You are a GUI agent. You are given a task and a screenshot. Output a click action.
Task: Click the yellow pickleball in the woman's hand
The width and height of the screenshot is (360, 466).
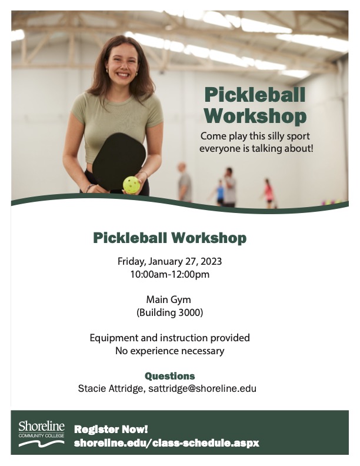tap(131, 185)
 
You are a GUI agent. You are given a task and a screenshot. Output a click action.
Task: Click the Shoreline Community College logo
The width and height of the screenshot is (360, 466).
tap(41, 432)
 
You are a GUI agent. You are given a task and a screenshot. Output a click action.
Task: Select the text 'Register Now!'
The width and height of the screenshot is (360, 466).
tap(111, 429)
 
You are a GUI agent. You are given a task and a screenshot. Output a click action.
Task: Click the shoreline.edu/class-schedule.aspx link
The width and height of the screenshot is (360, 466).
tap(166, 442)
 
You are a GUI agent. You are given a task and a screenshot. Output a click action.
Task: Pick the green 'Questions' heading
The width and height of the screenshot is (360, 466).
tap(169, 375)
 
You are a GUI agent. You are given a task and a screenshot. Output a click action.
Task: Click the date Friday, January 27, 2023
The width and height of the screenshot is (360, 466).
tap(169, 261)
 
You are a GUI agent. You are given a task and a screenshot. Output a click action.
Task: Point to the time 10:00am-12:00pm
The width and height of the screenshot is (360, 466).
tap(169, 274)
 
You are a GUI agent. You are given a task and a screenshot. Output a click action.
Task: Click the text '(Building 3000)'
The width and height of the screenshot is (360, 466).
tap(169, 312)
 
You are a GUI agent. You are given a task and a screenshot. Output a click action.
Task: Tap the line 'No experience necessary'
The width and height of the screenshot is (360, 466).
tap(169, 351)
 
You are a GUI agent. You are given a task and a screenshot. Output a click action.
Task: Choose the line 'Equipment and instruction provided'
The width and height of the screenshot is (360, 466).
tap(169, 338)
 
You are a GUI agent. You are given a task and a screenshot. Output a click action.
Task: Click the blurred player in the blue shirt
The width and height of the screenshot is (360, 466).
tap(220, 192)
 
